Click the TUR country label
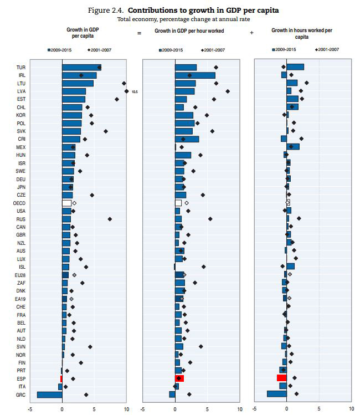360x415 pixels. (x=20, y=68)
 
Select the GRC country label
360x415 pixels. (x=20, y=394)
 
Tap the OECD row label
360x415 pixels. (x=19, y=203)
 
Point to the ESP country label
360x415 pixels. (x=20, y=379)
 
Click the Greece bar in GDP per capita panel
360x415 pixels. (x=49, y=394)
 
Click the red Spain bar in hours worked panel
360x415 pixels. (x=281, y=378)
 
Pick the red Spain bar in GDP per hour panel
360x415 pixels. (x=179, y=378)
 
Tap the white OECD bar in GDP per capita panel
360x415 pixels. (x=66, y=203)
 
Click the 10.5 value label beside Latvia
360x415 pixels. (x=135, y=91)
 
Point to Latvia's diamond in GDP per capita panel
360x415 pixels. (x=127, y=91)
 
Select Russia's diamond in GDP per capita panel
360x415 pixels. (x=110, y=219)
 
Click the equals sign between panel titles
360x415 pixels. (x=139, y=33)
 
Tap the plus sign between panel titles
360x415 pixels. (x=252, y=33)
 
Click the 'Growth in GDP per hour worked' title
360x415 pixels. (x=189, y=31)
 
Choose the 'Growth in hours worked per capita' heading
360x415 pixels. (x=301, y=34)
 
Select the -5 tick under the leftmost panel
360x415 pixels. (x=30, y=409)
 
